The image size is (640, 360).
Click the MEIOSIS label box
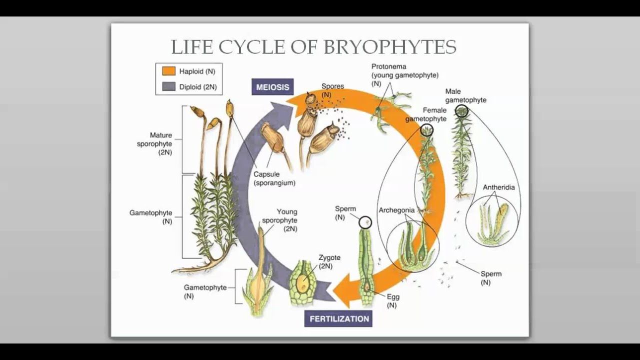(272, 87)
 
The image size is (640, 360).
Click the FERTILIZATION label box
(338, 318)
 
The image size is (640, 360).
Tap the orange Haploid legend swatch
(168, 71)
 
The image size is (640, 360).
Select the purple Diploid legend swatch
(168, 86)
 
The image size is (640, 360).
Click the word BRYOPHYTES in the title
(390, 47)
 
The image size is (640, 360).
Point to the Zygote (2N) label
(329, 261)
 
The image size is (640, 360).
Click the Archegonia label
(396, 210)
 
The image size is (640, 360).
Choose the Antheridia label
(498, 187)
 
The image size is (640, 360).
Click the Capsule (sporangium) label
(274, 178)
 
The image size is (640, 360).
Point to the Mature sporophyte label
(154, 143)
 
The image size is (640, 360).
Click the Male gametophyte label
(465, 95)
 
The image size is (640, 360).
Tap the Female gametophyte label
(426, 114)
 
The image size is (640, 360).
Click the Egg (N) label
(392, 300)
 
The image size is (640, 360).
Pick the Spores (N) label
(332, 89)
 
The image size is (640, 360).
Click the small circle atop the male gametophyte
(462, 111)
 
